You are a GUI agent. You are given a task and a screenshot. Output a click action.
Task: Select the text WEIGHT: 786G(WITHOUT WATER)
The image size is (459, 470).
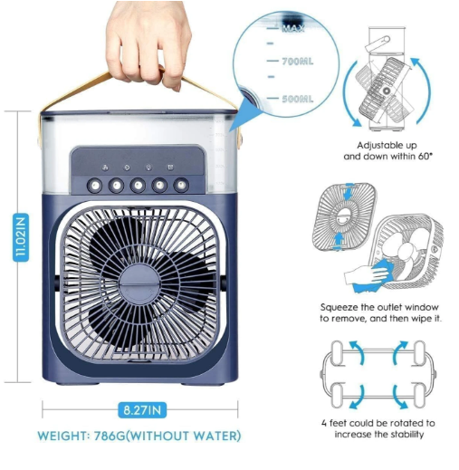141,436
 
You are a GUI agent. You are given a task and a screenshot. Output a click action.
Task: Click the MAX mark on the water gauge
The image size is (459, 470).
292,29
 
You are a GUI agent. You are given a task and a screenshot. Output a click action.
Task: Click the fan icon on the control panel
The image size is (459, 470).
105,168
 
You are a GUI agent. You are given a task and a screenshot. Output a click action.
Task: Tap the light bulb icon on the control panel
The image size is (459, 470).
126,168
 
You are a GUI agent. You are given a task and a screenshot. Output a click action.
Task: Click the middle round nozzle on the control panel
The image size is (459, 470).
138,185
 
